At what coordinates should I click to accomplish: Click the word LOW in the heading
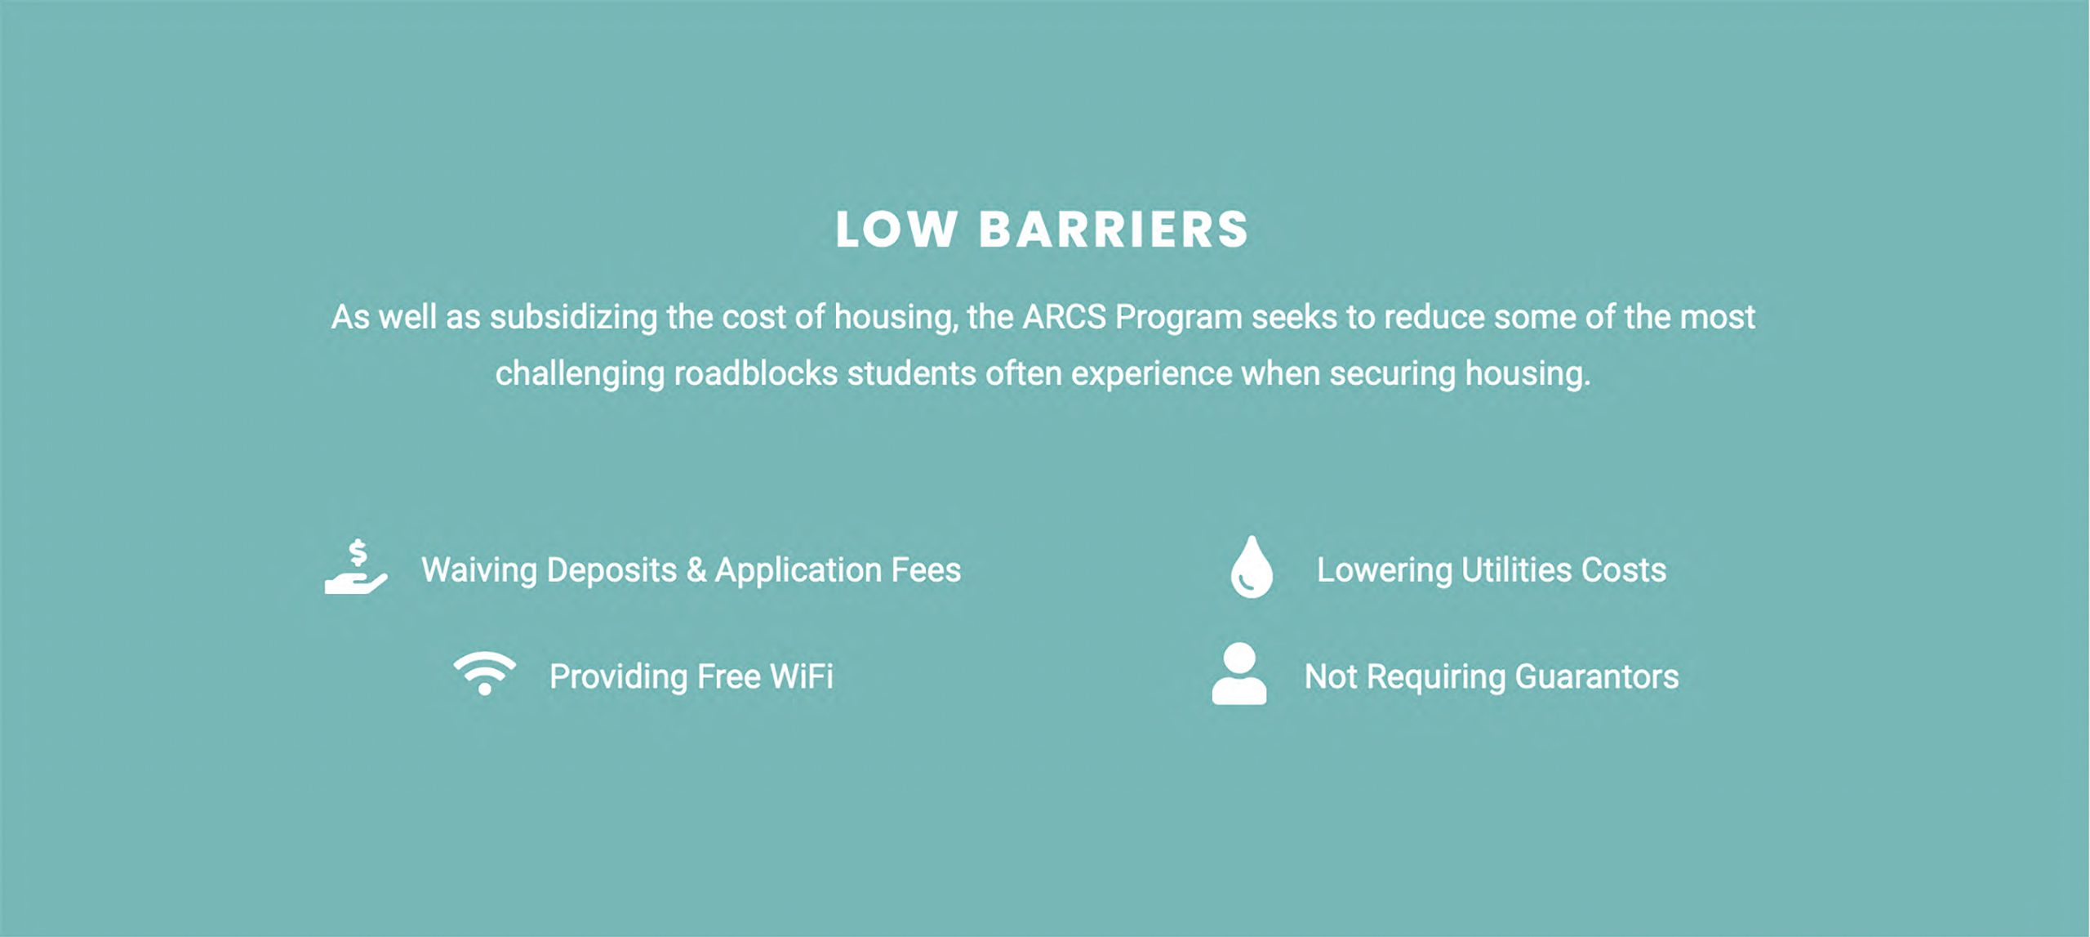click(896, 230)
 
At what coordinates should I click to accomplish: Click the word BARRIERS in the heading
click(1114, 230)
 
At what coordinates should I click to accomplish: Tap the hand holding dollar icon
click(356, 566)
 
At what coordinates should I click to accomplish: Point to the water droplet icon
click(1252, 567)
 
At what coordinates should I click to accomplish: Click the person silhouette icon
click(1239, 673)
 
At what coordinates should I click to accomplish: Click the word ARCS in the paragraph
click(1064, 317)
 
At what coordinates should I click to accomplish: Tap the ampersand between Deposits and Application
click(696, 570)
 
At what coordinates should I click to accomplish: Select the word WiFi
click(801, 676)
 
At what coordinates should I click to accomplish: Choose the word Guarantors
click(1597, 676)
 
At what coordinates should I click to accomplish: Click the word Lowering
click(1385, 570)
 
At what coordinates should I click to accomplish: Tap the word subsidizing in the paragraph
click(573, 317)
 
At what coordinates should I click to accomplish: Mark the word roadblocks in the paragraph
click(756, 373)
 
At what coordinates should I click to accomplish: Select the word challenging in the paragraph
click(580, 374)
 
